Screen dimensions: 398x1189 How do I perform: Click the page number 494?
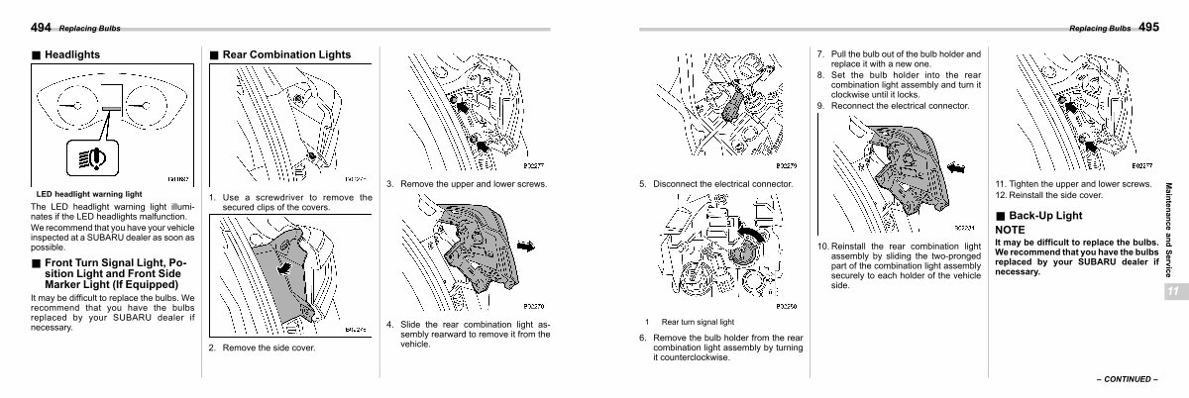coord(43,27)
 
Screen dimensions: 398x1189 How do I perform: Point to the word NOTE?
coord(1011,230)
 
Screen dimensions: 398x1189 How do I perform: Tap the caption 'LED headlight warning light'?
coord(89,194)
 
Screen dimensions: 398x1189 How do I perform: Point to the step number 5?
coord(642,183)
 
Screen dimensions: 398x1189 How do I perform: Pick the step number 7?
coord(820,53)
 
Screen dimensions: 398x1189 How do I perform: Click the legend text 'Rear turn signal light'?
coord(698,322)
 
